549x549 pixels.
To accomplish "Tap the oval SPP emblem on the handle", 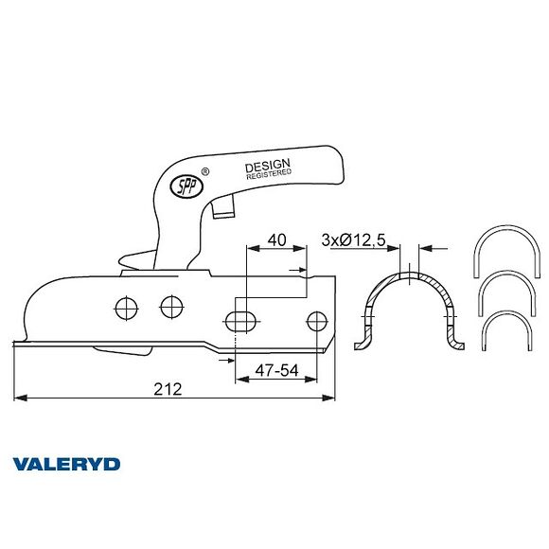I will point(181,186).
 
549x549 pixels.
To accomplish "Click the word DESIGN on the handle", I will point(267,166).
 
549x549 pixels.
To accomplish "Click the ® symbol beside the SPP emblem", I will point(204,171).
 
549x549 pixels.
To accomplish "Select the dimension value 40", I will point(275,239).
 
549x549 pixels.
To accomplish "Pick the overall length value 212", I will point(167,390).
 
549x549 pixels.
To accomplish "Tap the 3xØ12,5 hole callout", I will point(352,239).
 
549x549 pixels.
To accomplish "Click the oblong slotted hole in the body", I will point(240,318).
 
